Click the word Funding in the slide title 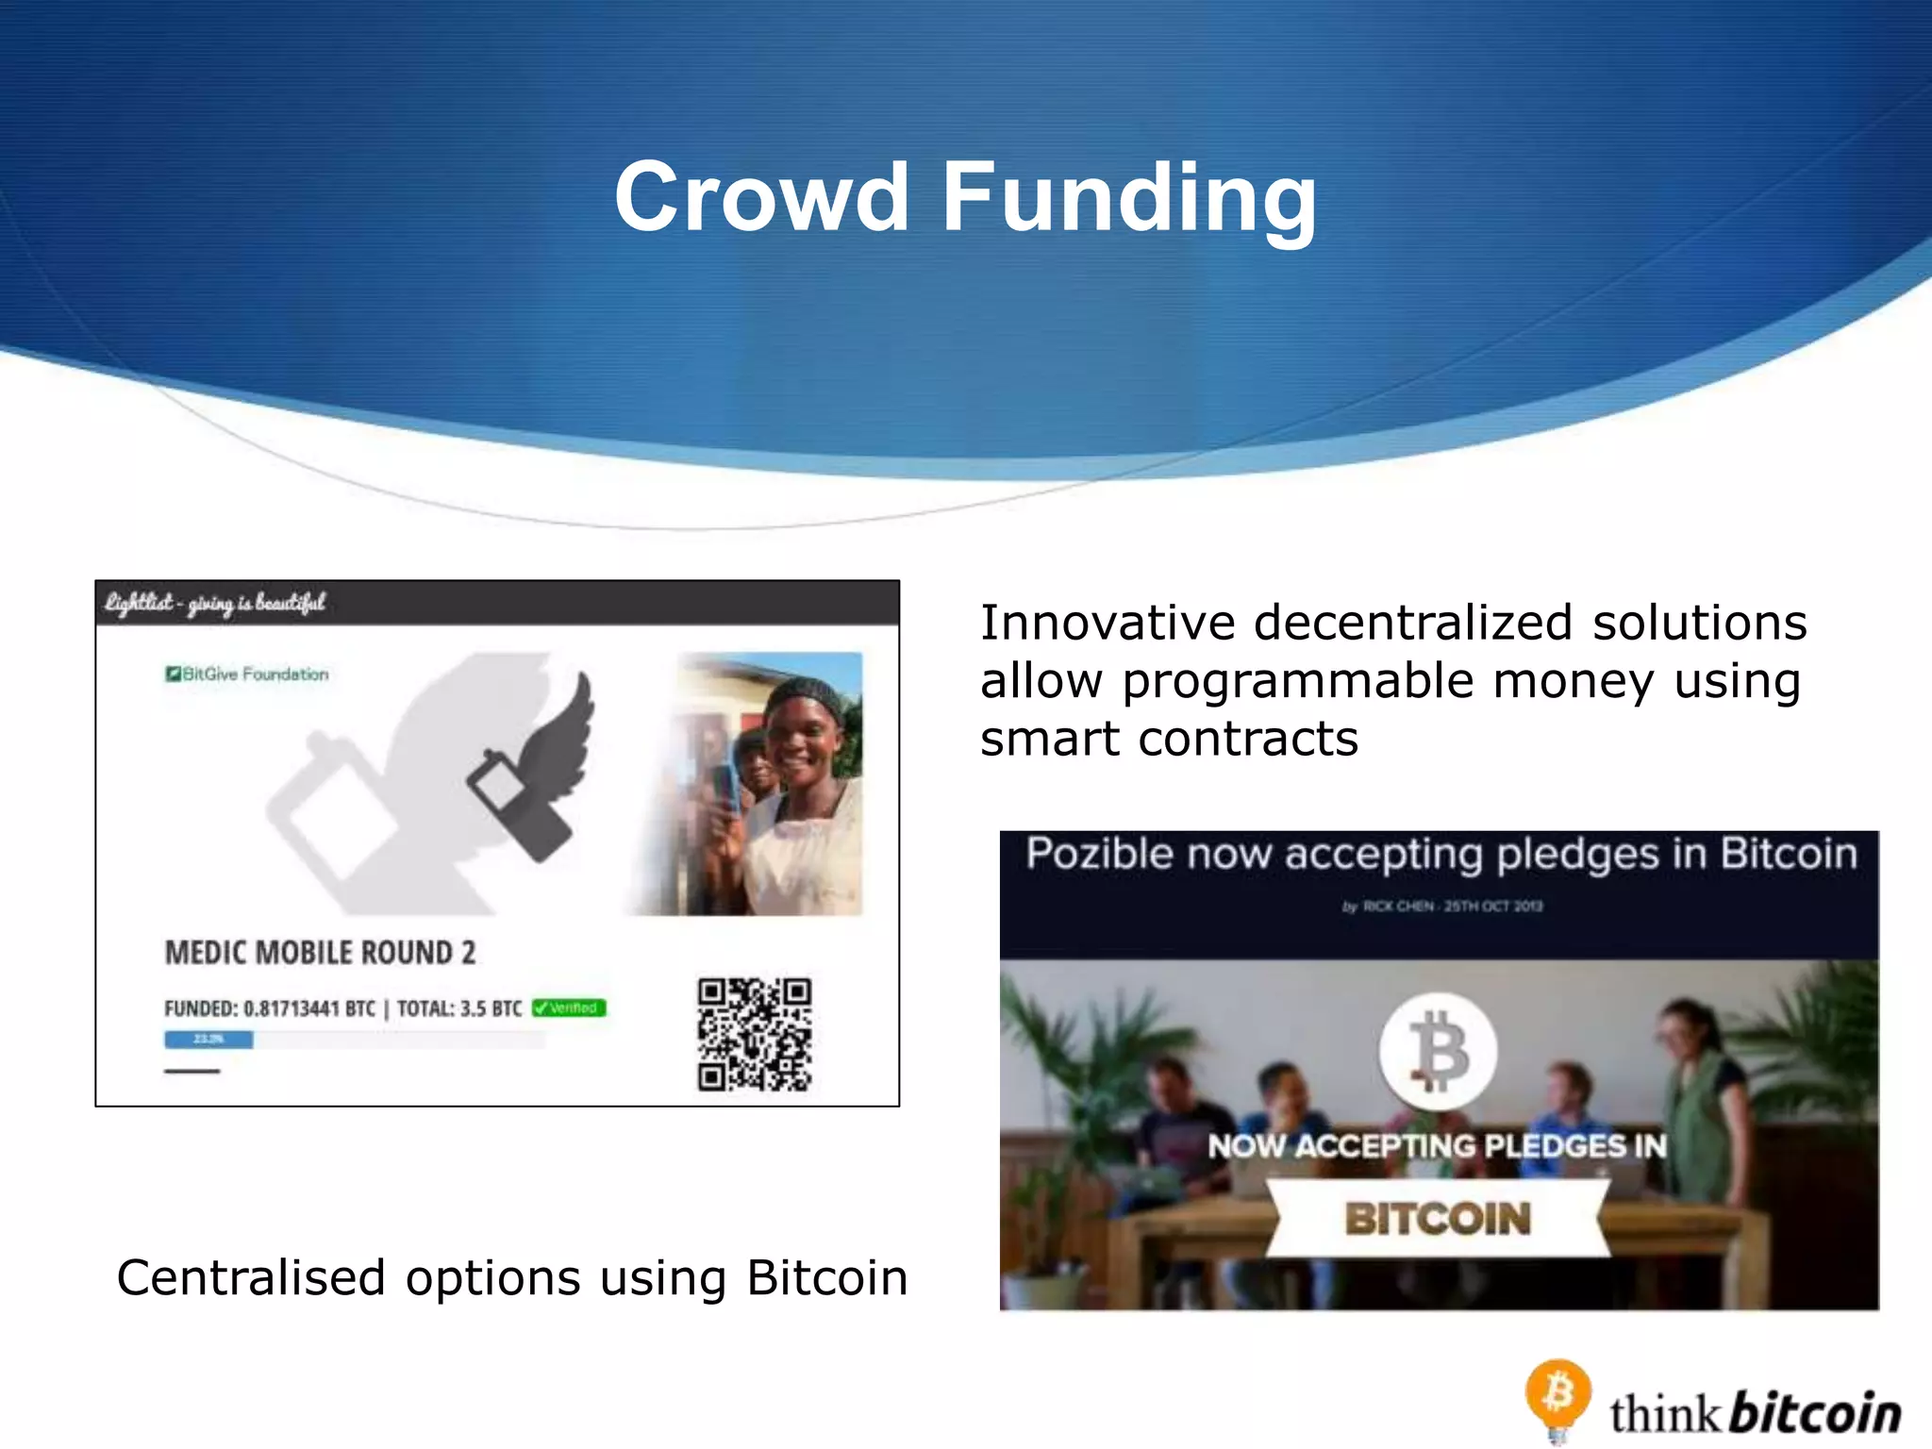click(x=1129, y=198)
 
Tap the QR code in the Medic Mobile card click(x=755, y=1034)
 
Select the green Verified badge click(x=569, y=1008)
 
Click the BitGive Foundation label click(x=248, y=674)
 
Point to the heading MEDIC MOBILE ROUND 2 click(x=320, y=953)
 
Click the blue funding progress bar click(x=208, y=1040)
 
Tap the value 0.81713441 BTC click(x=308, y=1008)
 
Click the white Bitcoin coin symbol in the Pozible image click(x=1437, y=1051)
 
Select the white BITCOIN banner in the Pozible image click(x=1437, y=1218)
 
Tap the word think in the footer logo click(x=1665, y=1414)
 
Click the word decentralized click(x=1412, y=623)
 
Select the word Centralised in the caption click(x=251, y=1278)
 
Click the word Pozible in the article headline click(x=1099, y=854)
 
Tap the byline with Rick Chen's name click(x=1441, y=907)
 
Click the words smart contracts click(x=1169, y=739)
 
